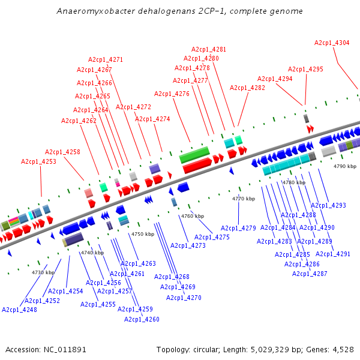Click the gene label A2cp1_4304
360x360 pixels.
click(332, 43)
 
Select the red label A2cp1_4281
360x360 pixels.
click(209, 49)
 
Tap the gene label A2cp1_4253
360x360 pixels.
click(38, 161)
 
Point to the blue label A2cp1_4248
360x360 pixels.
click(19, 310)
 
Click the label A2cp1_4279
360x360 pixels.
click(238, 228)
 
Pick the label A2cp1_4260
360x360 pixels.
click(142, 319)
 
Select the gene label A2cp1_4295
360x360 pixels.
click(305, 69)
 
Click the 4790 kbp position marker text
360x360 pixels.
click(345, 166)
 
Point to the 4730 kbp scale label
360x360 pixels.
click(43, 272)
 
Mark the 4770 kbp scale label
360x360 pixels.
click(244, 199)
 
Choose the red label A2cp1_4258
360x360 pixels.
click(62, 152)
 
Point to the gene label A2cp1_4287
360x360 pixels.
click(310, 274)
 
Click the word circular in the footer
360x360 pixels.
click(211, 349)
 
